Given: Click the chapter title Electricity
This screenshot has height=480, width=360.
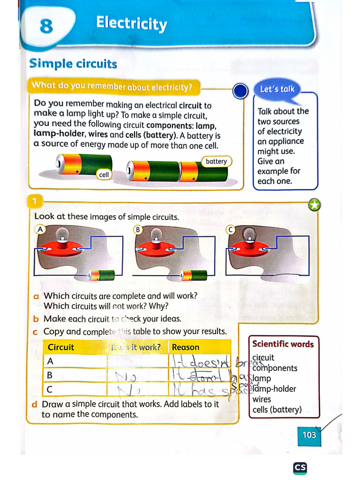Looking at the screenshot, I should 131,23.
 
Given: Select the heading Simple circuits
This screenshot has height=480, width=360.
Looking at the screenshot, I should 73,64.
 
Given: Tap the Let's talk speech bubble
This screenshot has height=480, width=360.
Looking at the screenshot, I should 277,89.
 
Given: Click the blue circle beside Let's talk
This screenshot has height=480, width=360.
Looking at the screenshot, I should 240,91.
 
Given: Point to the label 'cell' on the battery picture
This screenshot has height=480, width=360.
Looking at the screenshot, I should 104,174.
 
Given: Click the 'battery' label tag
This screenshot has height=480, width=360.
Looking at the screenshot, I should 216,162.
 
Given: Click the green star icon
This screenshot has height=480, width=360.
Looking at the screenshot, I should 315,205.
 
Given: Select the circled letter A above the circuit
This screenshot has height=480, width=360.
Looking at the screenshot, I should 40,229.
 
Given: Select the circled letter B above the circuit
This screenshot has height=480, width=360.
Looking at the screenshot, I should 138,229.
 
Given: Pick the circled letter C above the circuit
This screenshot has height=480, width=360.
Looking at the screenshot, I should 230,229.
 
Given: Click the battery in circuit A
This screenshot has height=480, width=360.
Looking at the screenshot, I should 102,275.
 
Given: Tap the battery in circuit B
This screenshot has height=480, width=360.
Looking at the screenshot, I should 194,275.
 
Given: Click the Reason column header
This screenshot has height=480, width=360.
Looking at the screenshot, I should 186,347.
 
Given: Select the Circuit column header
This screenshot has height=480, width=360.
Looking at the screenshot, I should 61,347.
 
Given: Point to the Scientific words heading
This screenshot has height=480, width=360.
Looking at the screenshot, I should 283,344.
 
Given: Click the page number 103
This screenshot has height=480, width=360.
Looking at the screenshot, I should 309,435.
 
